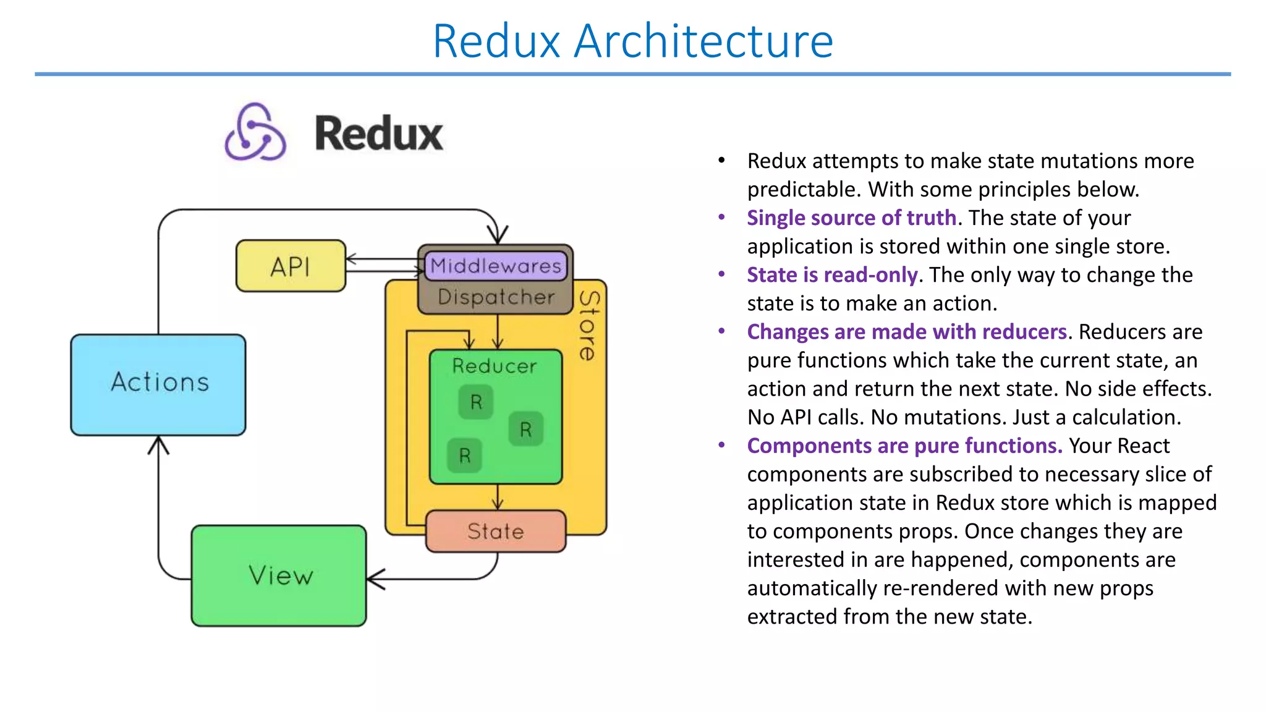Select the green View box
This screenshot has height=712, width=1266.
pyautogui.click(x=279, y=575)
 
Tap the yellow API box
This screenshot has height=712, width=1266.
pyautogui.click(x=291, y=266)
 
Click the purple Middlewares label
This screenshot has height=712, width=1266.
pyautogui.click(x=496, y=266)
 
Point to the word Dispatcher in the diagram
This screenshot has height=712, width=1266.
pyautogui.click(x=496, y=297)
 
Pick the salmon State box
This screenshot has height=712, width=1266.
pyautogui.click(x=496, y=531)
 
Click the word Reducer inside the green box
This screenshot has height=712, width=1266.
pyautogui.click(x=495, y=366)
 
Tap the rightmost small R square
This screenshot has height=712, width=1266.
pyautogui.click(x=525, y=429)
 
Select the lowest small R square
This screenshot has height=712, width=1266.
pyautogui.click(x=465, y=456)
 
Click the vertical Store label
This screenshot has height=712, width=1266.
pyautogui.click(x=589, y=326)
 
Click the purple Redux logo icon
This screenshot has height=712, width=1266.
pyautogui.click(x=255, y=132)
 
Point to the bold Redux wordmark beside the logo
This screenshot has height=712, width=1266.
pyautogui.click(x=379, y=133)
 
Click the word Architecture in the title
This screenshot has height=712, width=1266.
pyautogui.click(x=703, y=41)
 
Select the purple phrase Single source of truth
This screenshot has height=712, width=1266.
pyautogui.click(x=851, y=218)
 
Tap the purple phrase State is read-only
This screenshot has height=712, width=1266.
pyautogui.click(x=832, y=275)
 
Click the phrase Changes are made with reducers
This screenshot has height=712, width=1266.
pyautogui.click(x=907, y=332)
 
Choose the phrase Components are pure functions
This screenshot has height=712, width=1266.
pyautogui.click(x=904, y=446)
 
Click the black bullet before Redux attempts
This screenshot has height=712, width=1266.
pyautogui.click(x=721, y=161)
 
